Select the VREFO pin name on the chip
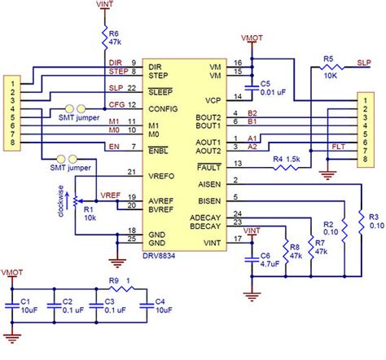[163, 173]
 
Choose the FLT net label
[337, 149]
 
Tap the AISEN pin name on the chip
[208, 184]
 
